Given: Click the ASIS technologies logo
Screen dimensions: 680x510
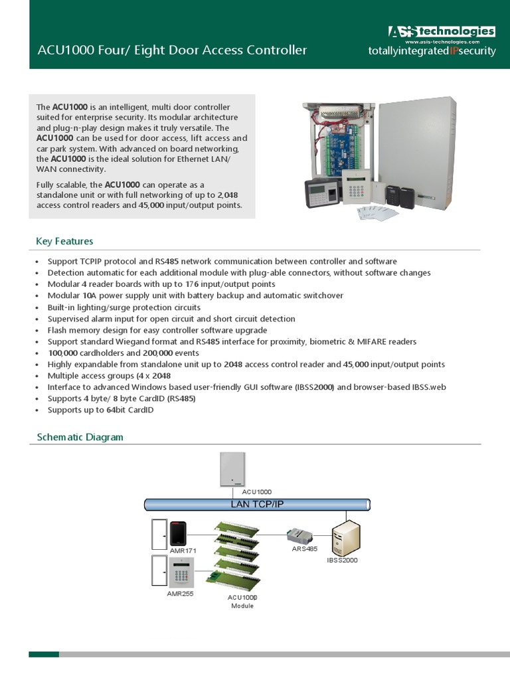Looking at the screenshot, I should click(x=441, y=32).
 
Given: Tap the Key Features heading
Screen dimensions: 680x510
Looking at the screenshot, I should click(x=64, y=241).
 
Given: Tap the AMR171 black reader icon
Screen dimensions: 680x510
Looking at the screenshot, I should click(x=177, y=533).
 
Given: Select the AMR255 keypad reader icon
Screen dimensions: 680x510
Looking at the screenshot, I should click(x=179, y=571).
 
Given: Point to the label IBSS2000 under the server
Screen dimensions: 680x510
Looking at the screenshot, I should click(x=343, y=561).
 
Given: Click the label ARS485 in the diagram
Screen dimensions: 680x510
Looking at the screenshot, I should click(x=305, y=549).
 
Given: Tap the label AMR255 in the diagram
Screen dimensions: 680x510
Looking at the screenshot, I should click(x=180, y=593).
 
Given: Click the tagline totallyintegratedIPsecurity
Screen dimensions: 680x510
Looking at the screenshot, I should click(x=432, y=51).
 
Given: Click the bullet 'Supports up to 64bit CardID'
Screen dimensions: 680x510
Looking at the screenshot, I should click(x=100, y=410).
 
